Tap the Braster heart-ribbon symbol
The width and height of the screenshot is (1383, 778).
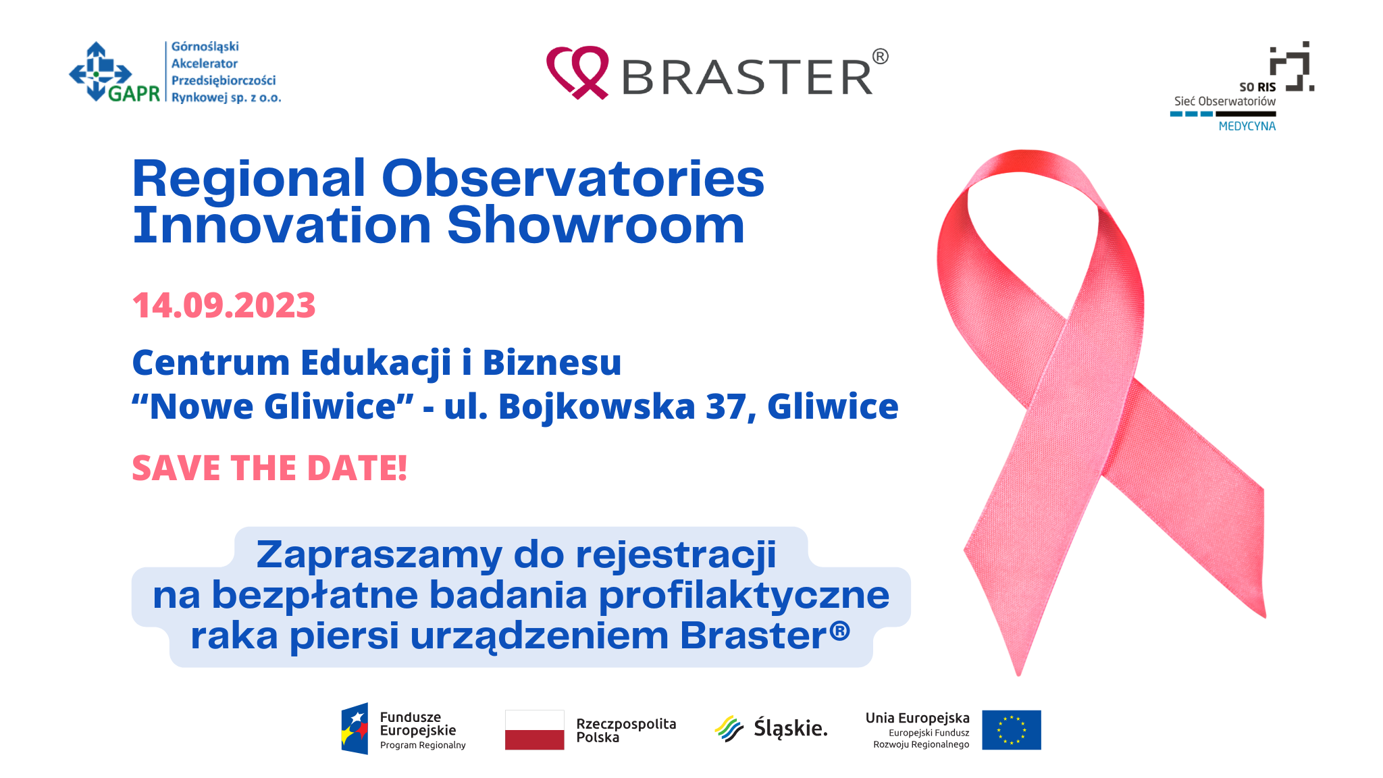[x=577, y=72]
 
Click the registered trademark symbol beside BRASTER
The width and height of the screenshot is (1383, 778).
[x=880, y=57]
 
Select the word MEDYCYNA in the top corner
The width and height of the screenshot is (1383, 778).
[x=1247, y=126]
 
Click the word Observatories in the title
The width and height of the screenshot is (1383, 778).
[x=573, y=178]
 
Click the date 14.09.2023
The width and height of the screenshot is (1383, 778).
[x=224, y=305]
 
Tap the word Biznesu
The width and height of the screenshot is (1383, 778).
[x=552, y=363]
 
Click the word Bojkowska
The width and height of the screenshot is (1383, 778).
[x=597, y=407]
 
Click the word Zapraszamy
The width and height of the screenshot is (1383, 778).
[x=379, y=555]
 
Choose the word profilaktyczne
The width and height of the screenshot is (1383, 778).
[x=743, y=596]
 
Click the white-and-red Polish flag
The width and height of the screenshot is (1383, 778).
[x=534, y=729]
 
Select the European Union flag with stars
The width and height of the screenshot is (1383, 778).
[x=1011, y=729]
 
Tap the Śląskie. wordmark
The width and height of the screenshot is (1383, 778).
[x=790, y=728]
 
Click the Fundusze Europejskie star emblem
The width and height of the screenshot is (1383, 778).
[x=355, y=729]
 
